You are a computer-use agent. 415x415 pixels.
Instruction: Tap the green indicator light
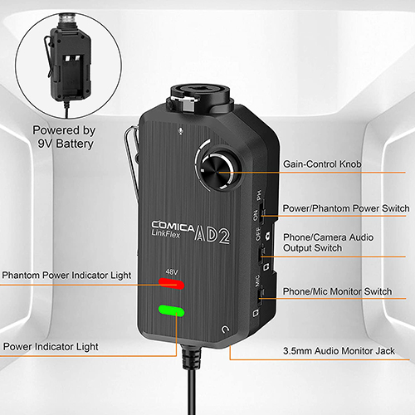(x=173, y=313)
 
